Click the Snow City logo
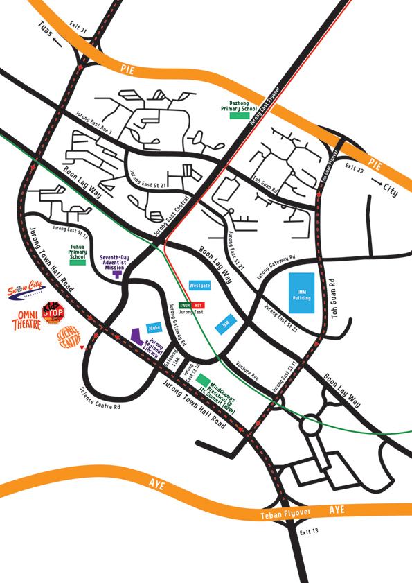click(26, 290)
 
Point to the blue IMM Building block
click(301, 293)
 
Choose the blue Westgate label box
click(200, 286)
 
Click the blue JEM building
click(226, 324)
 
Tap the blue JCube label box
click(154, 328)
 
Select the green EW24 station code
click(185, 305)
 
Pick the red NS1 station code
click(198, 305)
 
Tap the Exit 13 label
click(309, 532)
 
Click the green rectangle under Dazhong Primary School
click(239, 116)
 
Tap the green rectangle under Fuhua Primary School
click(77, 263)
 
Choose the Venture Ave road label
click(247, 372)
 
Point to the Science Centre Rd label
click(100, 397)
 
